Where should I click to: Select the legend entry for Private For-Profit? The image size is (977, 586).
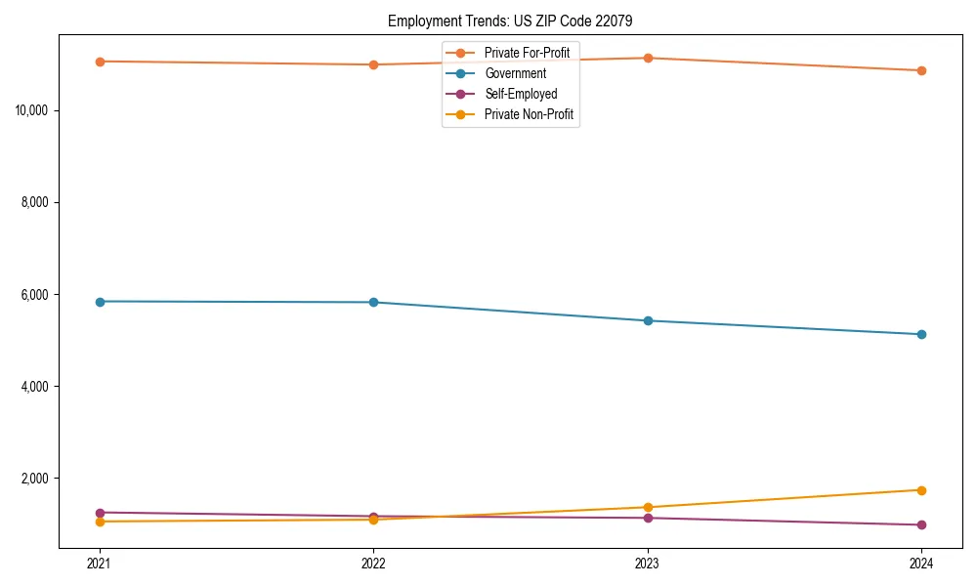coord(526,52)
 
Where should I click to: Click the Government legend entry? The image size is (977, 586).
coord(515,73)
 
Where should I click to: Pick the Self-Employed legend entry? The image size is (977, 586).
coord(520,94)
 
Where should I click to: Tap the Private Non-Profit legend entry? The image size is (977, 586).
coord(528,115)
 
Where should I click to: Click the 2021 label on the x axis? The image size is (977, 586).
coord(99,564)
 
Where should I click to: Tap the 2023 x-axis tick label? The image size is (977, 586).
coord(647,564)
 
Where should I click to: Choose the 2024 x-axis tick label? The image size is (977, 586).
coord(921,564)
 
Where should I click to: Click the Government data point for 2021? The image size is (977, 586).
coord(100,302)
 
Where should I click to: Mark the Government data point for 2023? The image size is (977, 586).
coord(648,320)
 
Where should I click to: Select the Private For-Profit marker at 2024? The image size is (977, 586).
coord(921,70)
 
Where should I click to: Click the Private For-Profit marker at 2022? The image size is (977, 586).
coord(373,64)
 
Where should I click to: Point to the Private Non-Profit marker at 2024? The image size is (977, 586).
coord(921,490)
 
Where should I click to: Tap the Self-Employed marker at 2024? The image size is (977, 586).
coord(921,524)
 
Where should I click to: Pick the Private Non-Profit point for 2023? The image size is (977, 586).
coord(648,507)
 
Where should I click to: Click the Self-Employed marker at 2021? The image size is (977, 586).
coord(100,513)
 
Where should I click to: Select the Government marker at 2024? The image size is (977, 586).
coord(921,334)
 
